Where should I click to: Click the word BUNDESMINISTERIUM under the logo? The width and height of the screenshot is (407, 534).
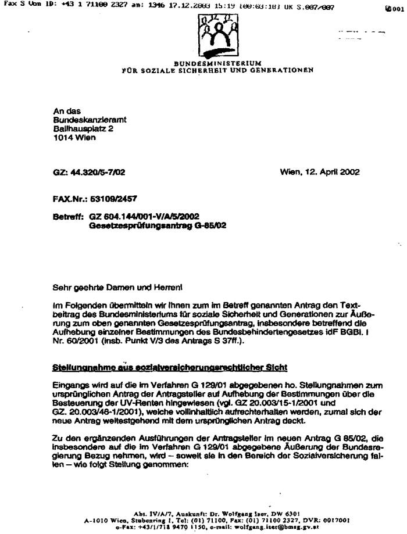coord(217,63)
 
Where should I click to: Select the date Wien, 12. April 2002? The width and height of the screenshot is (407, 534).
coord(319,172)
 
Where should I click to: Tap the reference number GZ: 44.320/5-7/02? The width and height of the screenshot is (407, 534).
coord(89,173)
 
